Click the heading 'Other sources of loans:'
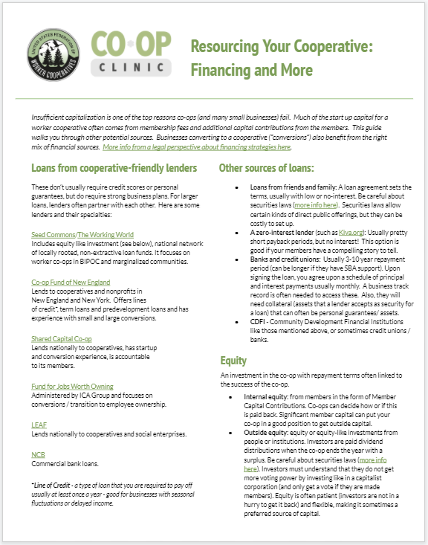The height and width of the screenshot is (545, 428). pyautogui.click(x=266, y=168)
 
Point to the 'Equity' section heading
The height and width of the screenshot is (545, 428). pyautogui.click(x=233, y=361)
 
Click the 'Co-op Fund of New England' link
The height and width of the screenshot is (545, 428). pyautogui.click(x=65, y=283)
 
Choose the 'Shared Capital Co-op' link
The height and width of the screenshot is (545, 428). pyautogui.click(x=62, y=338)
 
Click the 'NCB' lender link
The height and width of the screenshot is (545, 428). pyautogui.click(x=37, y=453)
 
